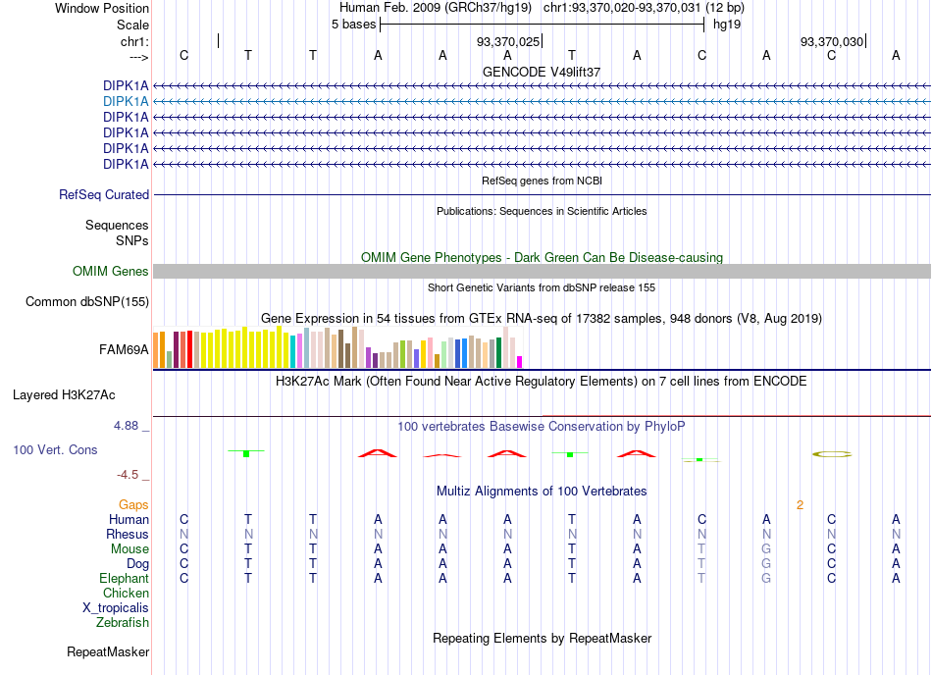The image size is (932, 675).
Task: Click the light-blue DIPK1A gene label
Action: click(x=126, y=102)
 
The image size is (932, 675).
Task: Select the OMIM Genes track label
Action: click(x=110, y=272)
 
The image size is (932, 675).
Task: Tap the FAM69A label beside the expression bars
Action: click(x=124, y=350)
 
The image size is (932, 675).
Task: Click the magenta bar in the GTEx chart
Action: click(x=520, y=362)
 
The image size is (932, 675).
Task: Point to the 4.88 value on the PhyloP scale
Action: click(x=126, y=426)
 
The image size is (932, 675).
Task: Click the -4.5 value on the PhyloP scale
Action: click(x=128, y=475)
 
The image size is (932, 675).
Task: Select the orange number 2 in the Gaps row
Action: click(x=800, y=505)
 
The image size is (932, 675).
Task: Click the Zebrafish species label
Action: click(x=123, y=623)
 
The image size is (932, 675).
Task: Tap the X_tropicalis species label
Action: click(x=116, y=608)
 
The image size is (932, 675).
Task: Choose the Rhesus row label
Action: click(x=128, y=534)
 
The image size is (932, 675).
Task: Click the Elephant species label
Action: click(x=124, y=578)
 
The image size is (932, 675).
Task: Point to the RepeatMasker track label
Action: click(x=108, y=651)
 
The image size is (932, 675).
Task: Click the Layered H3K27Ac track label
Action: click(x=64, y=395)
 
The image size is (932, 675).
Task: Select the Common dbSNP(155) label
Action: click(x=86, y=302)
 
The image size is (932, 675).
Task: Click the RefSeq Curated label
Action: click(x=103, y=195)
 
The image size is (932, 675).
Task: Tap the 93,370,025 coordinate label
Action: click(x=507, y=41)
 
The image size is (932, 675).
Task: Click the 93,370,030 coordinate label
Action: click(x=832, y=41)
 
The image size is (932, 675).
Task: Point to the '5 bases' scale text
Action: click(x=353, y=25)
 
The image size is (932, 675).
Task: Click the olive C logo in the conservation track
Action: click(x=832, y=454)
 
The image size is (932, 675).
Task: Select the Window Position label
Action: click(x=102, y=8)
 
